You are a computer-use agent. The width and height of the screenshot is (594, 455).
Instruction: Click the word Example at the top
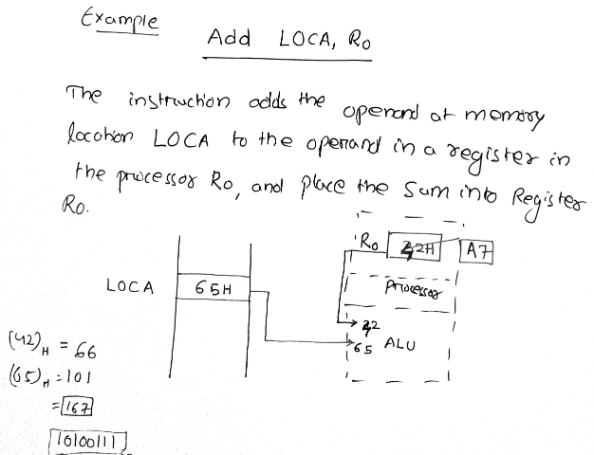pos(120,20)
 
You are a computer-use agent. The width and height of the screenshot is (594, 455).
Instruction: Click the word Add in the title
pos(228,39)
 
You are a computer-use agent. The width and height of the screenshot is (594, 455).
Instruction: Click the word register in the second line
pos(475,143)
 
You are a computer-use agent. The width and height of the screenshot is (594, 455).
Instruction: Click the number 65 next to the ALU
pos(362,348)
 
